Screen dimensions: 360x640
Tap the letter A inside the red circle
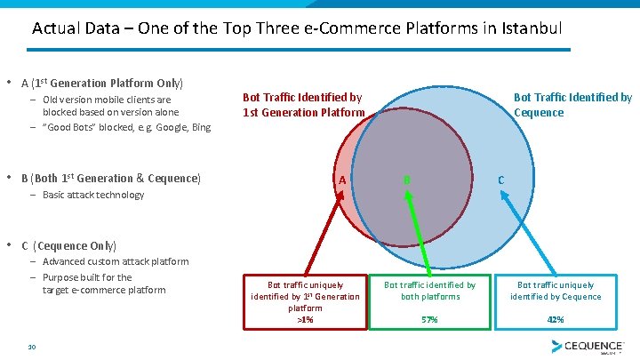[x=340, y=180]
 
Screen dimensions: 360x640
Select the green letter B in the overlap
[x=406, y=180]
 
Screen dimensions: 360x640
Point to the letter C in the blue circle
[x=501, y=180]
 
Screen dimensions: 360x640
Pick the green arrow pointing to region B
[x=415, y=233]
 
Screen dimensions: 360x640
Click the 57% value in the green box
[x=430, y=319]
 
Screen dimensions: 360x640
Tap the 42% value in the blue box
[x=556, y=319]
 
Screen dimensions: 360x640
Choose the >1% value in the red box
[x=305, y=319]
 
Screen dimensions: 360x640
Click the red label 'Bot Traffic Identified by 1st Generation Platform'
[x=303, y=105]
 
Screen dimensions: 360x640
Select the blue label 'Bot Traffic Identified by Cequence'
[x=572, y=105]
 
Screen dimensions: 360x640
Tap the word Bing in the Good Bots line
[x=201, y=127]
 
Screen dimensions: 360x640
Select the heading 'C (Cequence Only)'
[x=68, y=245]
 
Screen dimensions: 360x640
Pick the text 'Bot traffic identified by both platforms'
[x=430, y=291]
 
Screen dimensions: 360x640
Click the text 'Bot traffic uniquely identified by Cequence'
[x=556, y=291]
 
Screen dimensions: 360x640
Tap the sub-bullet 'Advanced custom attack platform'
[x=116, y=261]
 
